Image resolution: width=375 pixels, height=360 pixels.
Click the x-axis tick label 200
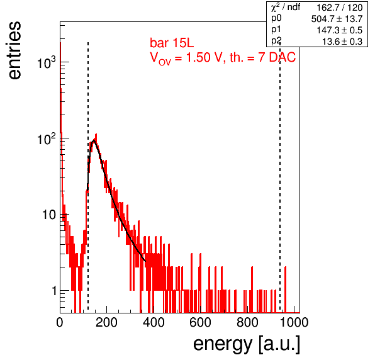tap(106, 322)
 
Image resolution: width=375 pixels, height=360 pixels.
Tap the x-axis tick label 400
tap(154, 322)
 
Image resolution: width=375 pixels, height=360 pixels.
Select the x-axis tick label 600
tap(200, 322)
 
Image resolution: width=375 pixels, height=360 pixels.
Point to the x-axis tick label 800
tap(247, 322)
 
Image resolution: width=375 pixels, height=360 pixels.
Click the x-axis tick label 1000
tap(294, 322)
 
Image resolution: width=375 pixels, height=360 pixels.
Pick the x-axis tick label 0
tap(60, 322)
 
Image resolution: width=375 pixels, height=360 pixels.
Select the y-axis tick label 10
tap(49, 215)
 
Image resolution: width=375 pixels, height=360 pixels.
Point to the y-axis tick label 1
tap(54, 291)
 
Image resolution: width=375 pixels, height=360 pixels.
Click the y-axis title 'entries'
tap(14, 50)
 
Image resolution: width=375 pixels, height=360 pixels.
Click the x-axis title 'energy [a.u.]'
tap(247, 344)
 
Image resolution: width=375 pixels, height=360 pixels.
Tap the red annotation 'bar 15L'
tap(172, 43)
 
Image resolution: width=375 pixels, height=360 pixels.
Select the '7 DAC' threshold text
tap(277, 57)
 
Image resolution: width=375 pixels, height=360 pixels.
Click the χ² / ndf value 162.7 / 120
tap(340, 8)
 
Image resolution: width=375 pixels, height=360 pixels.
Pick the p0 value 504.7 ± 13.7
tap(337, 19)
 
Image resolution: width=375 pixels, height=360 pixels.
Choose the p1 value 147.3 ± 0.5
tap(340, 30)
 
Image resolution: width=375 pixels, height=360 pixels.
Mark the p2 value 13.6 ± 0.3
tap(342, 42)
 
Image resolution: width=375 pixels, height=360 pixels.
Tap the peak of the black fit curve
tap(94, 140)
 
